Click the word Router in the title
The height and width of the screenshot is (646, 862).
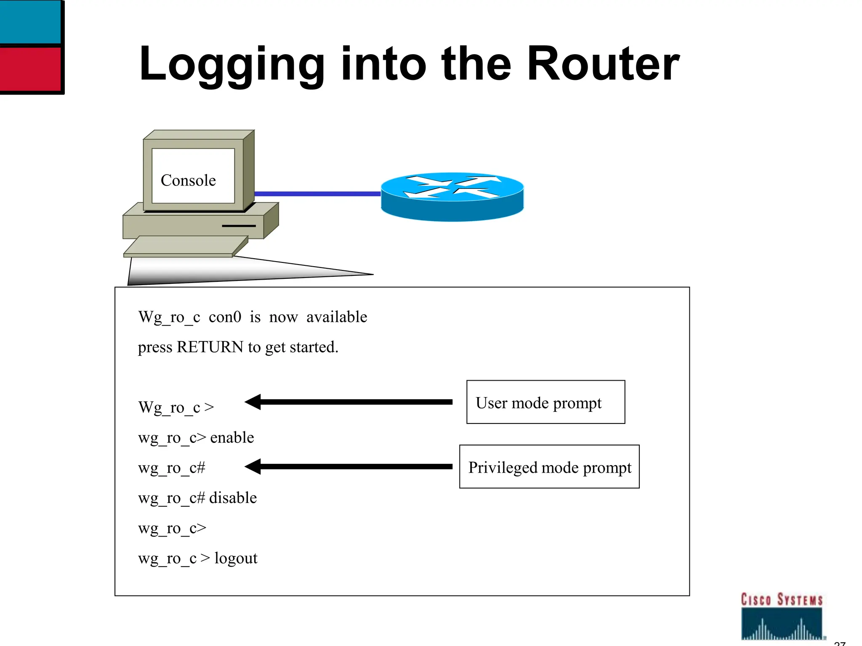pyautogui.click(x=603, y=64)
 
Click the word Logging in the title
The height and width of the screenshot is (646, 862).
pyautogui.click(x=231, y=65)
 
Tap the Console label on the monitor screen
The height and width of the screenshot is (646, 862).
pyautogui.click(x=188, y=180)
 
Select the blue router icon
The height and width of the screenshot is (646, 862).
pyautogui.click(x=452, y=196)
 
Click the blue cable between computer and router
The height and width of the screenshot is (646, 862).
pyautogui.click(x=317, y=194)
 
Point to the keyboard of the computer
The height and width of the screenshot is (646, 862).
pyautogui.click(x=185, y=246)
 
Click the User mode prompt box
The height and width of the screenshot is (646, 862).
pyautogui.click(x=545, y=402)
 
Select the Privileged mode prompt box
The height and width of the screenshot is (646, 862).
pyautogui.click(x=549, y=467)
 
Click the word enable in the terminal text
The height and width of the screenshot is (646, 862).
pyautogui.click(x=232, y=438)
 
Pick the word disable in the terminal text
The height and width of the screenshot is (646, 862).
pyautogui.click(x=233, y=498)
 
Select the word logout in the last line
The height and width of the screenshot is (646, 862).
pyautogui.click(x=236, y=559)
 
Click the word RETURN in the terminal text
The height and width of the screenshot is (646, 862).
pyautogui.click(x=210, y=347)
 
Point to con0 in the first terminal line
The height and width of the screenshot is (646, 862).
pyautogui.click(x=225, y=317)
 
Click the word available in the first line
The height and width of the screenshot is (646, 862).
pyautogui.click(x=337, y=317)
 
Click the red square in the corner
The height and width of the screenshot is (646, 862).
pyautogui.click(x=30, y=68)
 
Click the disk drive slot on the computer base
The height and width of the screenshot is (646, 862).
pyautogui.click(x=239, y=226)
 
